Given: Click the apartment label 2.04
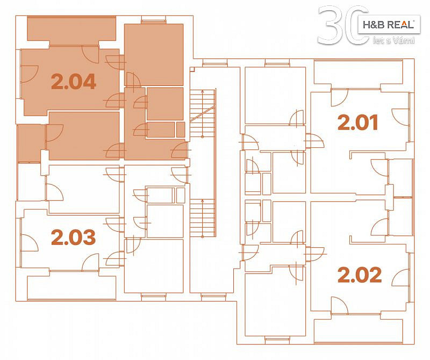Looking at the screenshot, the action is tap(74, 82).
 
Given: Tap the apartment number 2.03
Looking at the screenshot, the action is tap(74, 237).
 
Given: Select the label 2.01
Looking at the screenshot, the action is tap(358, 122).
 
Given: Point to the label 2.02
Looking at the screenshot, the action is tap(360, 275).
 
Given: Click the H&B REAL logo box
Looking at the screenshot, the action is tap(389, 25).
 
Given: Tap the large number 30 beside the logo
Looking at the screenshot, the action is tap(343, 25).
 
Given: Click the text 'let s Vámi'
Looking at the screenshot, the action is tap(394, 41).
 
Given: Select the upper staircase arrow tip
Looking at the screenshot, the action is tap(203, 90).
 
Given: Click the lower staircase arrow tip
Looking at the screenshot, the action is tap(203, 200).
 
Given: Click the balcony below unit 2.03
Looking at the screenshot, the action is tap(71, 287).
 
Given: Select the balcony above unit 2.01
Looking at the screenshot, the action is tap(358, 73).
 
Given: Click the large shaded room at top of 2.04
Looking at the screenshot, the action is tap(154, 55).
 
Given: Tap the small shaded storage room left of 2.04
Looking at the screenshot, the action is tap(31, 143).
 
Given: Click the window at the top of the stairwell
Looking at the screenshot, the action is tap(214, 64).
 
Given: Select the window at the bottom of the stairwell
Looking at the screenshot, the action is tap(213, 296).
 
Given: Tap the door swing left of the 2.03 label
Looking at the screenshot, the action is tap(29, 243).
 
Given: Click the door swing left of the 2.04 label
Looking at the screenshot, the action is tap(29, 74).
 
